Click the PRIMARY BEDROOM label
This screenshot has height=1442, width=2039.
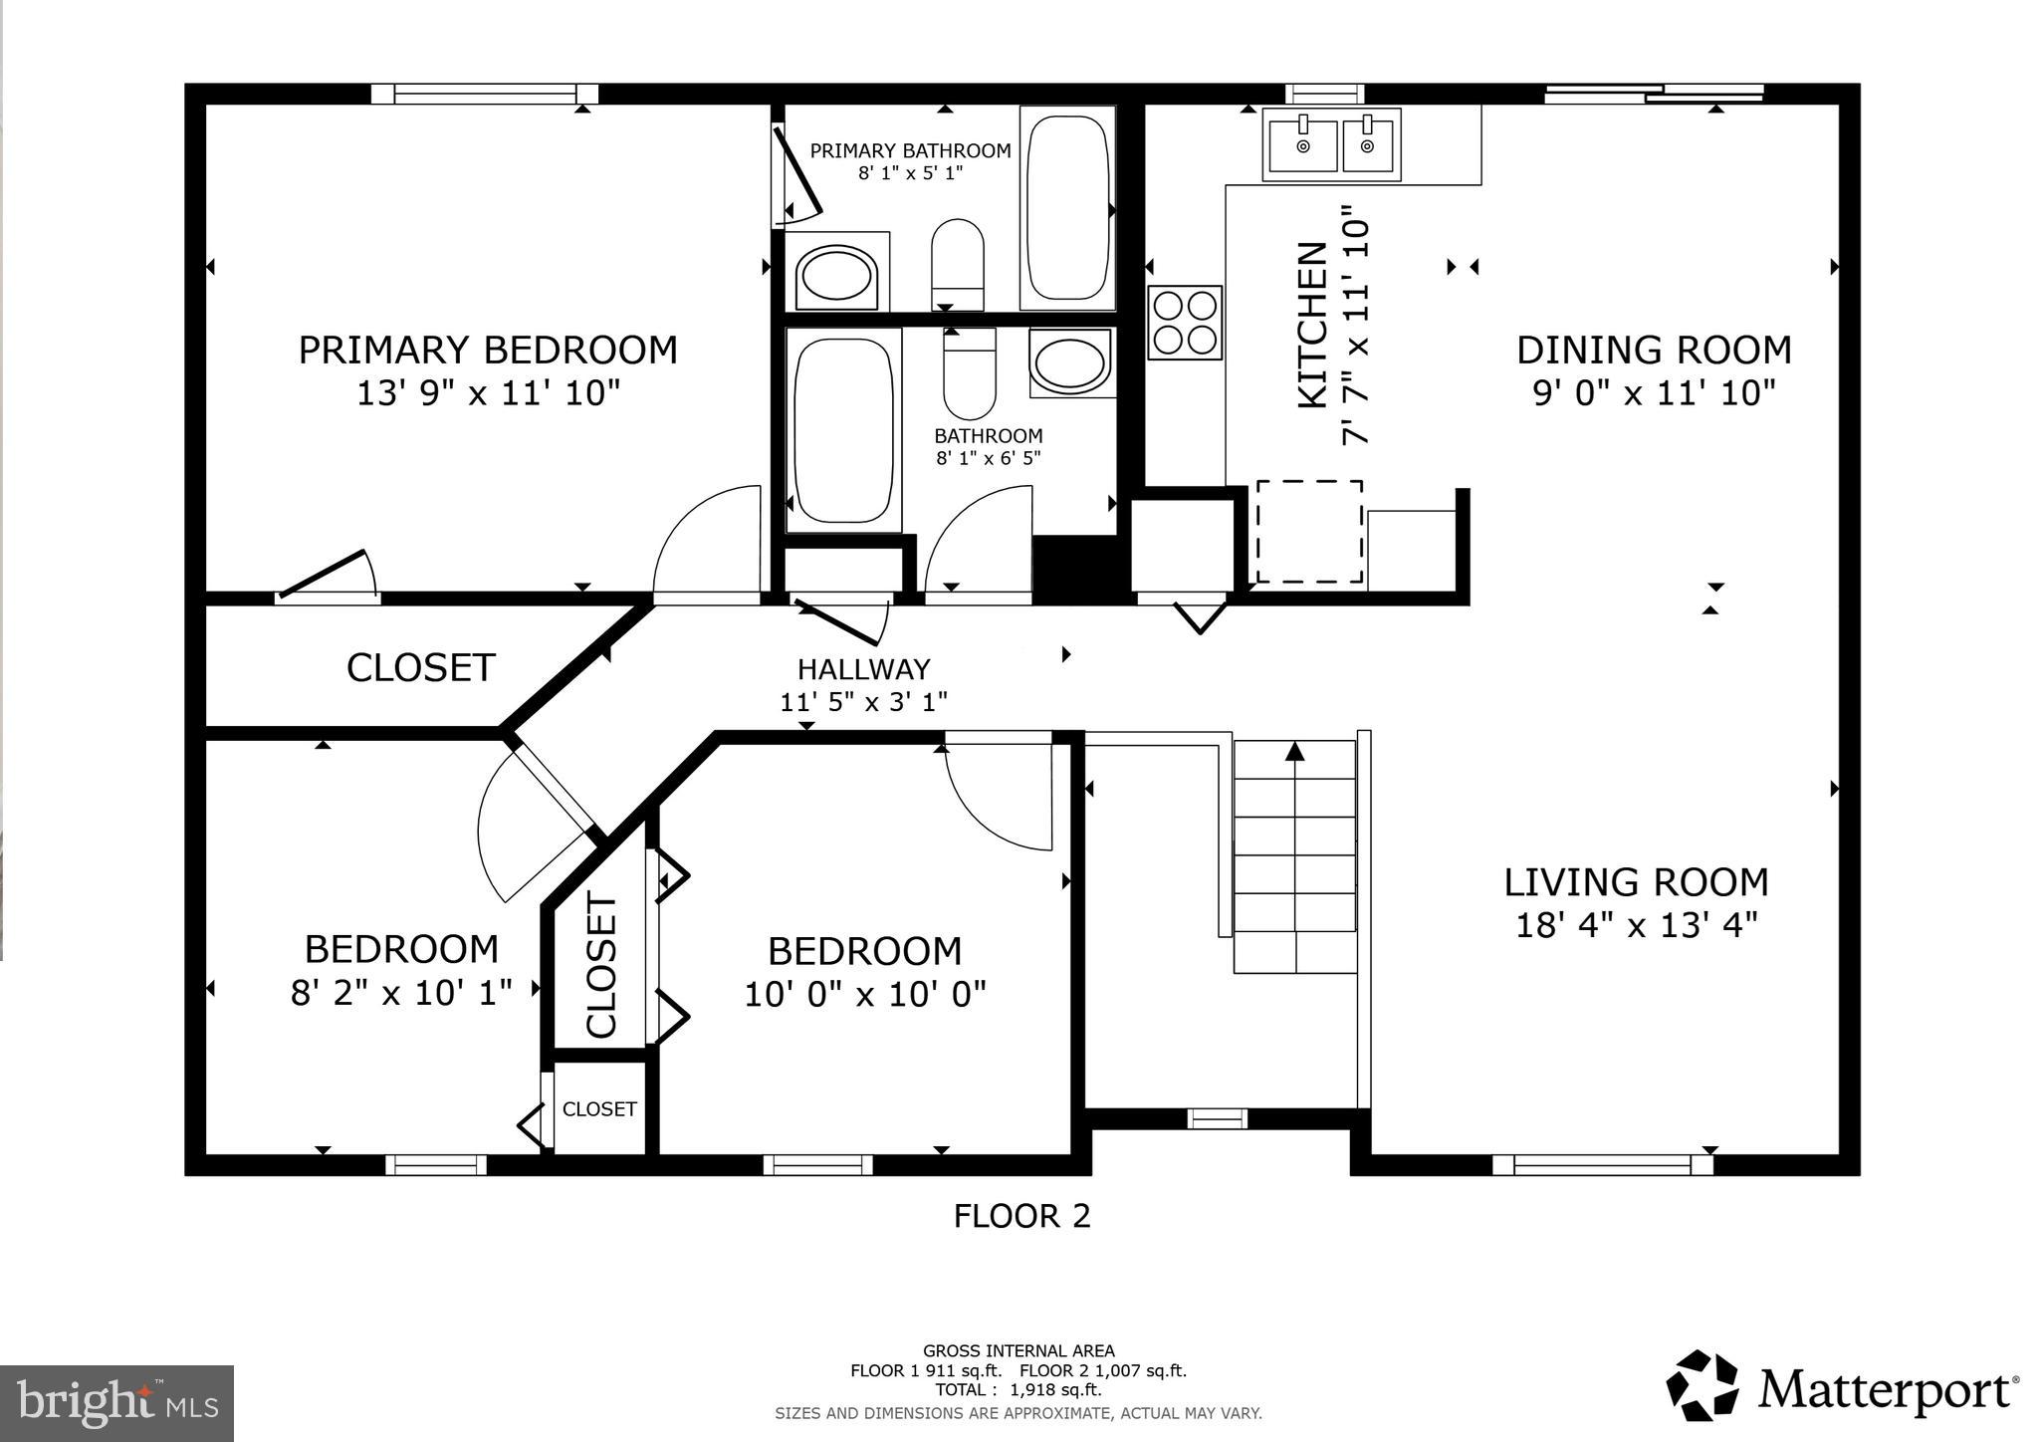click(488, 351)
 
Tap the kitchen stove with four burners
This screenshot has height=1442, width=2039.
click(1185, 322)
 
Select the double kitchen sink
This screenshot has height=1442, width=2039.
click(1331, 145)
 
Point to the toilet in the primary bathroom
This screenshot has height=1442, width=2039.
click(957, 263)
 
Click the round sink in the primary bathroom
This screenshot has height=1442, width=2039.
click(836, 276)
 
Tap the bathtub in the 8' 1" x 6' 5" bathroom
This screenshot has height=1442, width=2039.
click(844, 429)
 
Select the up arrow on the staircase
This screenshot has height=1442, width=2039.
click(1294, 752)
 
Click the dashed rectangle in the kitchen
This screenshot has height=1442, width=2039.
click(1308, 531)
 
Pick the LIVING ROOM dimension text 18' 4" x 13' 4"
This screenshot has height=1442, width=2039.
click(1636, 926)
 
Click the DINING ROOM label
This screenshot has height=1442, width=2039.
click(1654, 351)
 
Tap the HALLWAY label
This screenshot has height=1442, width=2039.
click(863, 669)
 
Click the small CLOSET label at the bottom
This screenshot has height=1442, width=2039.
click(599, 1109)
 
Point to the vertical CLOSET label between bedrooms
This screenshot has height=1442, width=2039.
click(602, 966)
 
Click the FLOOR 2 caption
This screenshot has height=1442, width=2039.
click(1021, 1216)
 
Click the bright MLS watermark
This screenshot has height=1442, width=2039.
click(116, 1403)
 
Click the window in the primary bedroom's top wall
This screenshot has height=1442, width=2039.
click(485, 95)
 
